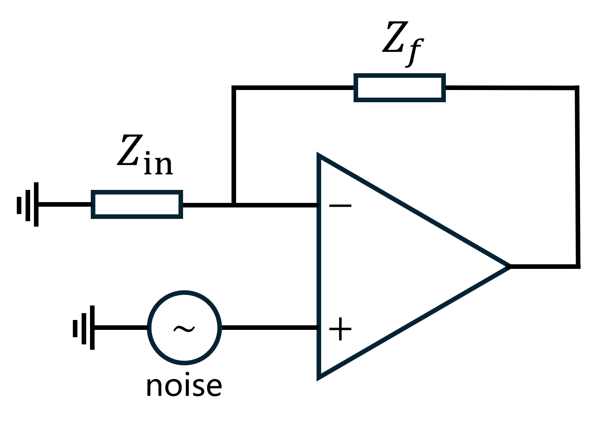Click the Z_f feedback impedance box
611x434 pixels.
[399, 88]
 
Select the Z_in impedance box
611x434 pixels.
[137, 204]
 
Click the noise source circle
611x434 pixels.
[184, 327]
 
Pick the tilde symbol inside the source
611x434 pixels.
[184, 328]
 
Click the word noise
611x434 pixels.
[183, 386]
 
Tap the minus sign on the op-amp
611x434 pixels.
[340, 206]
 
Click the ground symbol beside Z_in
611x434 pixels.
[27, 205]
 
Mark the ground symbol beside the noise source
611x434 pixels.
[84, 327]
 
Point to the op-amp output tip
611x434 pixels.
[510, 266]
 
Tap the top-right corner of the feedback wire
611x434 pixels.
[577, 88]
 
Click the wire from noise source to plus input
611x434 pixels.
[269, 327]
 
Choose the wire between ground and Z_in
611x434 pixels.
[65, 205]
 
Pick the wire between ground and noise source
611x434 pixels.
[121, 327]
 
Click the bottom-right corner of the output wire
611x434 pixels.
[578, 266]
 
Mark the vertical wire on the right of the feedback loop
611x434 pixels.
[577, 175]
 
